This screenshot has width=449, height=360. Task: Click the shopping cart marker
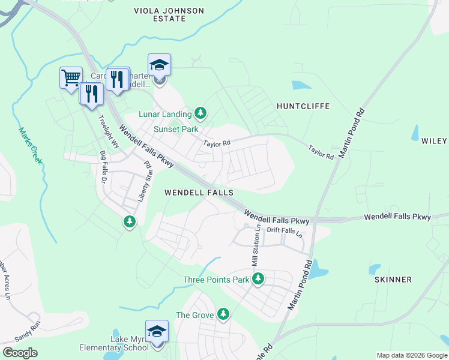pos(71,77)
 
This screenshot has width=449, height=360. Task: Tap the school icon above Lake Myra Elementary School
pos(157,332)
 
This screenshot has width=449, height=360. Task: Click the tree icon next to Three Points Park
pos(258,279)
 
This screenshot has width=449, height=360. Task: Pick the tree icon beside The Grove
pos(223,314)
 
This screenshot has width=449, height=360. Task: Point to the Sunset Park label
pos(176,129)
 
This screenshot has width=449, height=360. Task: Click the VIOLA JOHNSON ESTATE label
pos(169,15)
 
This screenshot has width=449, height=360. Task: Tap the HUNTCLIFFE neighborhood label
pos(303,106)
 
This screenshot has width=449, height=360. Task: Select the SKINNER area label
pos(393,280)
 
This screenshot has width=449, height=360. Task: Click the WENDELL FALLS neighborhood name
pos(199,193)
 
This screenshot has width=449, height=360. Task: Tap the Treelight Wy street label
pos(110,131)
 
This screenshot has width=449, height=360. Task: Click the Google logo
pos(20,353)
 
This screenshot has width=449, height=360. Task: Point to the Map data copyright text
pos(411,355)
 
